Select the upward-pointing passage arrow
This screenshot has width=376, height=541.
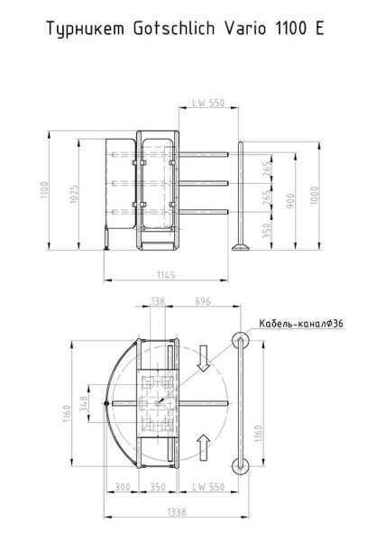205,444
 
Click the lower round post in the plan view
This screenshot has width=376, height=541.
240,465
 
